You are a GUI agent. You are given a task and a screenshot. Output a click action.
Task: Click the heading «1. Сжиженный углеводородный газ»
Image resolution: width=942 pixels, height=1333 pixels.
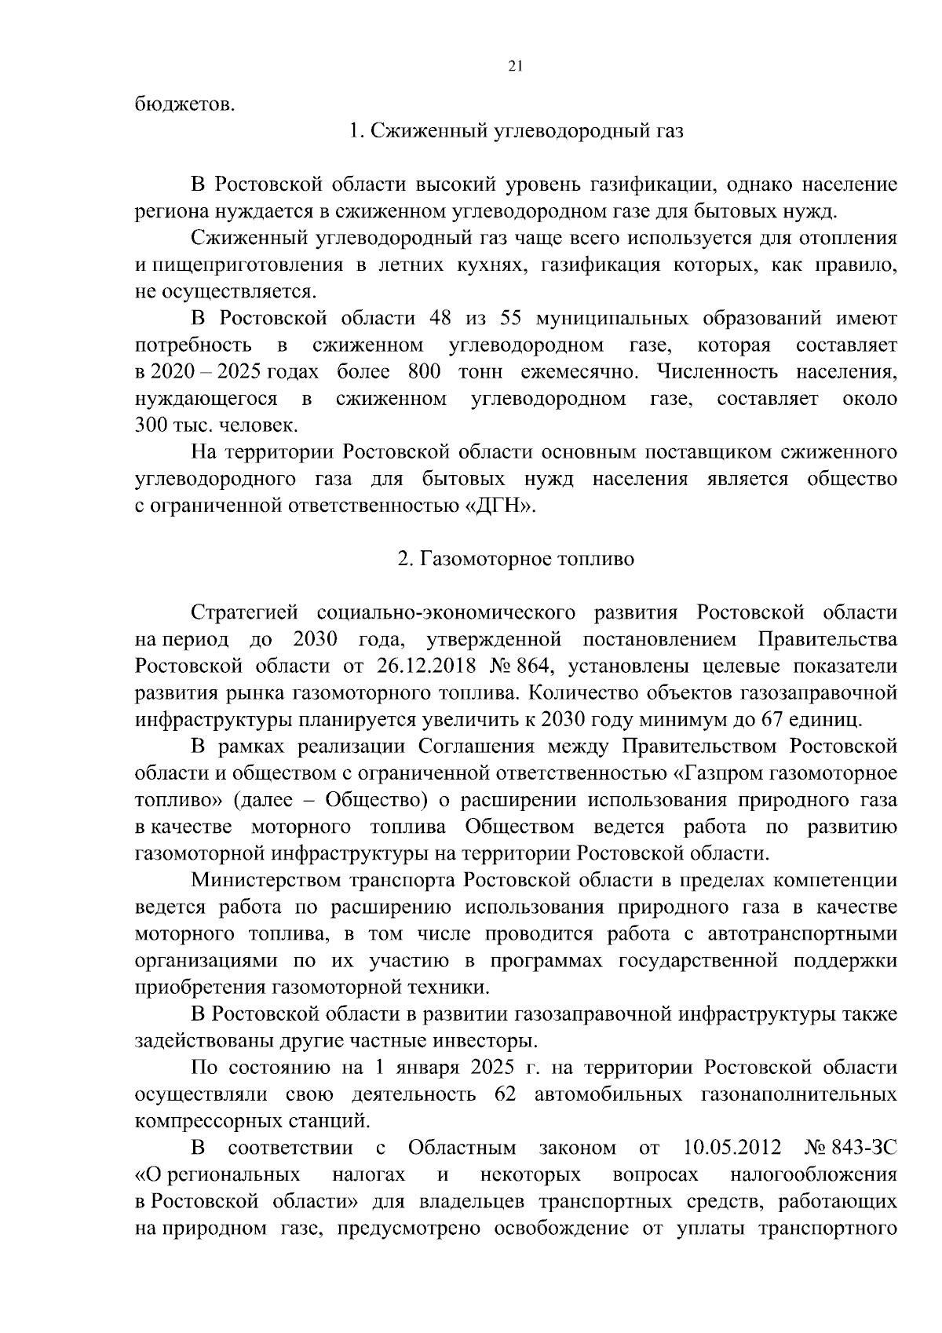tap(516, 130)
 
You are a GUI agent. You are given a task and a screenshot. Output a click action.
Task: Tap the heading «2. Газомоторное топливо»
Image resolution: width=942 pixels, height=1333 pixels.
tap(516, 559)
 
